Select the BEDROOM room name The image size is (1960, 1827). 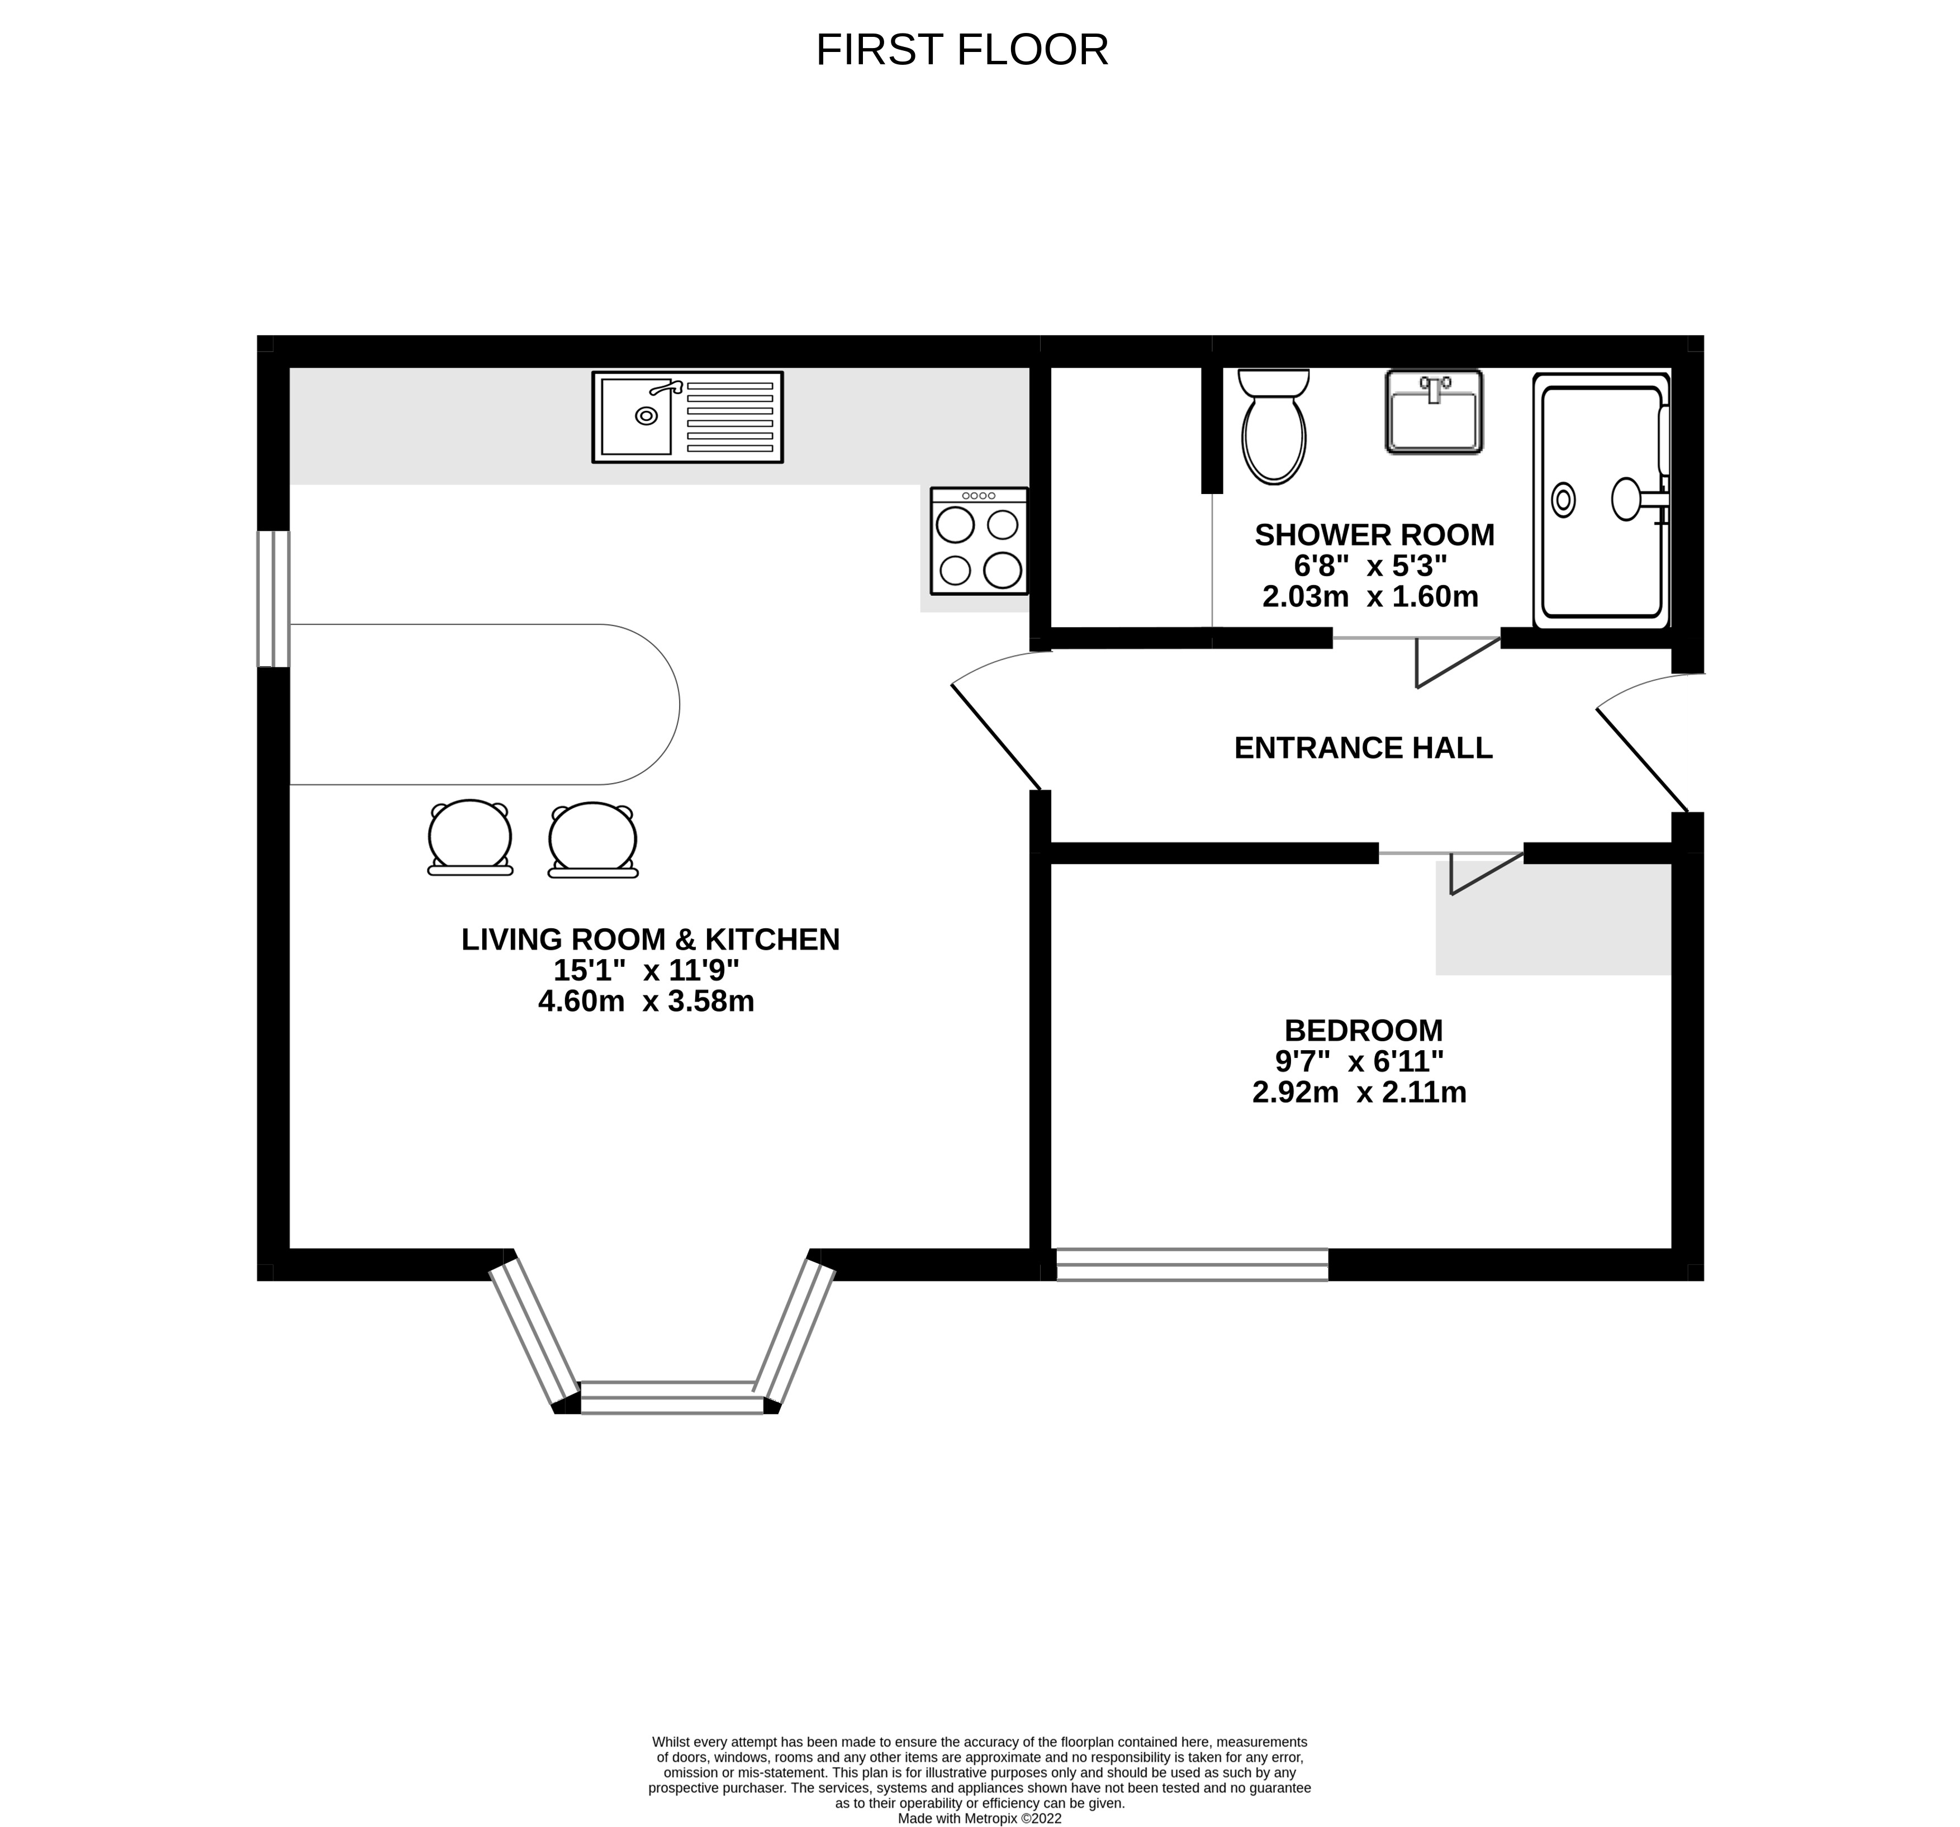[1364, 1031]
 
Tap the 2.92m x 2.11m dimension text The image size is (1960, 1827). [1360, 1093]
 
